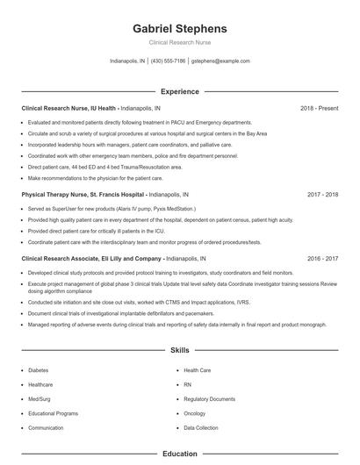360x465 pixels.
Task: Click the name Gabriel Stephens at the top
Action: click(179, 28)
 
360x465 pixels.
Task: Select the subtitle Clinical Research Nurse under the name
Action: click(179, 42)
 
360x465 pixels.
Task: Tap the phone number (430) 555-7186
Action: click(168, 61)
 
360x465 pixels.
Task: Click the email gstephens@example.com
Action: click(220, 61)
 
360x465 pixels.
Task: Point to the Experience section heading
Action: click(179, 91)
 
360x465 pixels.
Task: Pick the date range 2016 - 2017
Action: click(323, 260)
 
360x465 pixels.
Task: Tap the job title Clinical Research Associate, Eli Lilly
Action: click(91, 260)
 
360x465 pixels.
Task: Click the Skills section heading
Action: click(179, 350)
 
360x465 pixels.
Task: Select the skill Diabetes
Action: click(40, 370)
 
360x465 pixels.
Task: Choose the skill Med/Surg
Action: click(40, 398)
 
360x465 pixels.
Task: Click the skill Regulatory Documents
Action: click(208, 398)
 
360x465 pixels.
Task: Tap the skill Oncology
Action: click(194, 413)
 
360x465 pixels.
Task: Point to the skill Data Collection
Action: click(201, 427)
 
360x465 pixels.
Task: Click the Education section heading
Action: click(179, 454)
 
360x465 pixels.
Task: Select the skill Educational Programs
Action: click(53, 413)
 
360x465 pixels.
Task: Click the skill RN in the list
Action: click(188, 384)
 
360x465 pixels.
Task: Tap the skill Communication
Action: click(46, 427)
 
